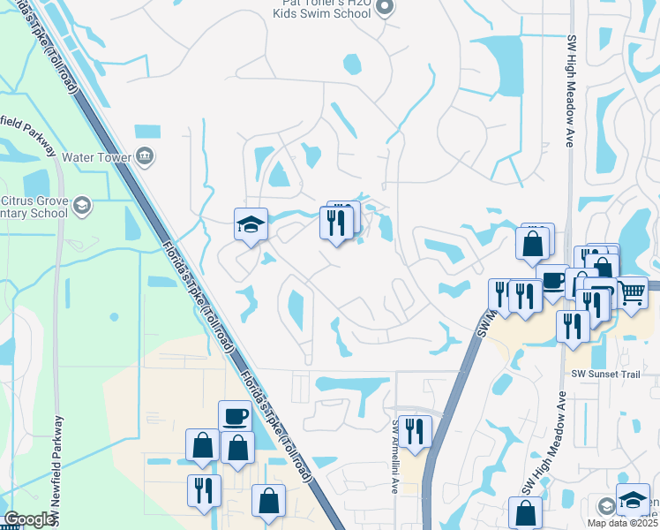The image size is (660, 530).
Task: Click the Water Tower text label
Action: click(97, 157)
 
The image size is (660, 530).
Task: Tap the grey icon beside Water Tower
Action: click(146, 157)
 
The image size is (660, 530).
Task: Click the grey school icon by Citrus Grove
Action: click(82, 207)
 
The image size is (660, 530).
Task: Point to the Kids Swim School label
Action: click(322, 12)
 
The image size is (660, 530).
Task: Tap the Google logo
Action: click(28, 519)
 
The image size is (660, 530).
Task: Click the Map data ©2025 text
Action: click(622, 523)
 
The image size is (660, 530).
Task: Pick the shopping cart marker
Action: click(633, 291)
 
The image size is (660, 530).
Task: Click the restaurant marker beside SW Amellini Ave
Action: click(415, 431)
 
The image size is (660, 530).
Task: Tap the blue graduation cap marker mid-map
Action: click(251, 223)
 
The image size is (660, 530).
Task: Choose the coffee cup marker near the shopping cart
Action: click(553, 280)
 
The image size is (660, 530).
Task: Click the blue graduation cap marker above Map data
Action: click(633, 500)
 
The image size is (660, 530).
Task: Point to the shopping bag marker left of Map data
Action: click(526, 512)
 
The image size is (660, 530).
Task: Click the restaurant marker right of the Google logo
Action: click(204, 490)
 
